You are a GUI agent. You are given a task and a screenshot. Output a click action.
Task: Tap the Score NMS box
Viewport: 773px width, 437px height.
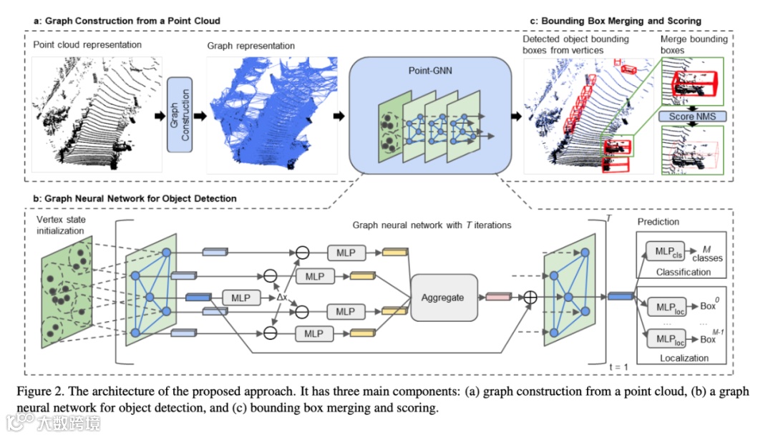[x=692, y=117]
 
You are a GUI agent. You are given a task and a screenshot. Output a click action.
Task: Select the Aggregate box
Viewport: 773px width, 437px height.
[x=443, y=297]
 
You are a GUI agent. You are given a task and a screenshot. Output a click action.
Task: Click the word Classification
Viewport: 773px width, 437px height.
[x=684, y=272]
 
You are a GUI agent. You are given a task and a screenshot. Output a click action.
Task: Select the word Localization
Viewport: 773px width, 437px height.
[x=684, y=358]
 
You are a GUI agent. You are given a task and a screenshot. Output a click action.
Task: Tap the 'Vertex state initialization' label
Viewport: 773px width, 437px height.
[x=61, y=226]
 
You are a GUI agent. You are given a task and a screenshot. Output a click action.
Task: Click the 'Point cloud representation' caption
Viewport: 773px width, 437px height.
[x=87, y=45]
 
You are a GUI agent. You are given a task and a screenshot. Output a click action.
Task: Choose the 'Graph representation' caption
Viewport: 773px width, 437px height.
[x=251, y=46]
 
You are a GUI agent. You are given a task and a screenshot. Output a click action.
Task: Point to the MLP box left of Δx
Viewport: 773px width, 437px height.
[x=241, y=296]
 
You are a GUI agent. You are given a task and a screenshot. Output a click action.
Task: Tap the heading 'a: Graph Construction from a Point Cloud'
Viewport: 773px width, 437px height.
[x=127, y=21]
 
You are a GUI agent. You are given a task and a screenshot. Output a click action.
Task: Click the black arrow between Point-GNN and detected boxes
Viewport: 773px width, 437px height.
[x=516, y=115]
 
